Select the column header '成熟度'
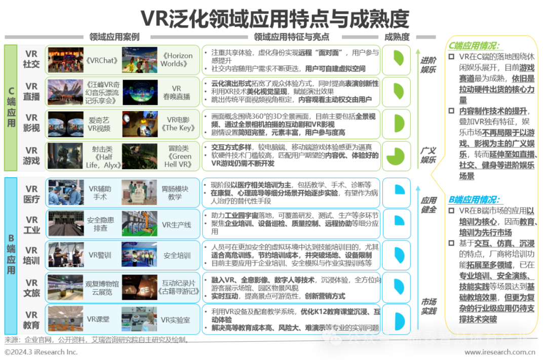397,36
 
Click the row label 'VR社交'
31,59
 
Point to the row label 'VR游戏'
31,155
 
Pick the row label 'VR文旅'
31,288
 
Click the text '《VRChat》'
102,60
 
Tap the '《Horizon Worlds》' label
176,60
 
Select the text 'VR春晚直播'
176,92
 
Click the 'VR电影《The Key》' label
178,124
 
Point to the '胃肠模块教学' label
175,192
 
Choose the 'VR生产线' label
176,224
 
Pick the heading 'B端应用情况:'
474,199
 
